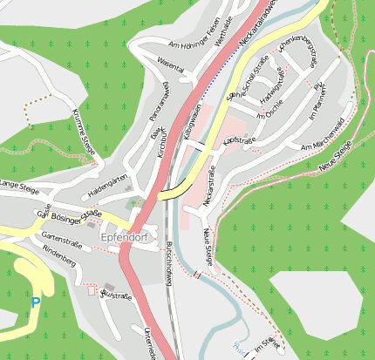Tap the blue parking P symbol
point(35,302)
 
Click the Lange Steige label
point(19,186)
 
